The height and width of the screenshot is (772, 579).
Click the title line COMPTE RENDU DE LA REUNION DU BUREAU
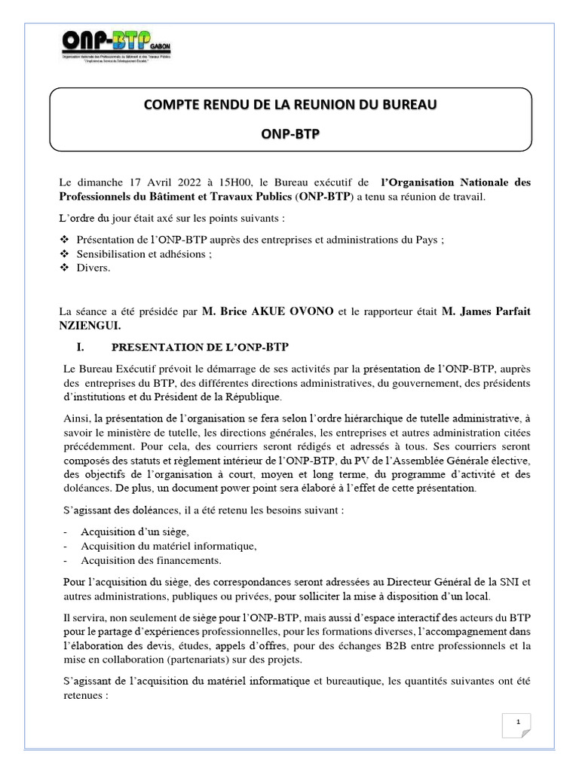point(290,103)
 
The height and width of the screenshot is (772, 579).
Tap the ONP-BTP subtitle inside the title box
point(290,133)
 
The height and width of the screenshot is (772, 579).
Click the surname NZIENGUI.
point(90,326)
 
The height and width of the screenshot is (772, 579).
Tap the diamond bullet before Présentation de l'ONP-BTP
point(64,240)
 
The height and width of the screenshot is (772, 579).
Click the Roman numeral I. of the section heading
point(73,347)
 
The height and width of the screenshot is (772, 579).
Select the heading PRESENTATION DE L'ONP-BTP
point(200,347)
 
